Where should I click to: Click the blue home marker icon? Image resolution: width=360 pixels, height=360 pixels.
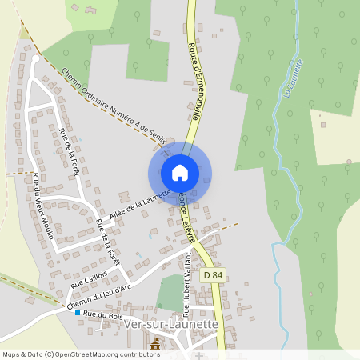pos(180,173)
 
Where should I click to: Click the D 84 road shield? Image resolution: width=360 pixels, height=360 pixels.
pos(214,274)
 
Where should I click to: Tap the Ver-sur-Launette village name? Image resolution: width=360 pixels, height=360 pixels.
pos(171,323)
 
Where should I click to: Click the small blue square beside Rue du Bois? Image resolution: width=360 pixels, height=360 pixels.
pos(78,313)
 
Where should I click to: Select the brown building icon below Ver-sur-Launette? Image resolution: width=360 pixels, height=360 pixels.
pos(155,344)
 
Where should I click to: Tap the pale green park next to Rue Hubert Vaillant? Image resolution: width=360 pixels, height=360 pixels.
pos(169,293)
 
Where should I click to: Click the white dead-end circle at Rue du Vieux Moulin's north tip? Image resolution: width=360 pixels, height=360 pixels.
pos(36,59)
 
